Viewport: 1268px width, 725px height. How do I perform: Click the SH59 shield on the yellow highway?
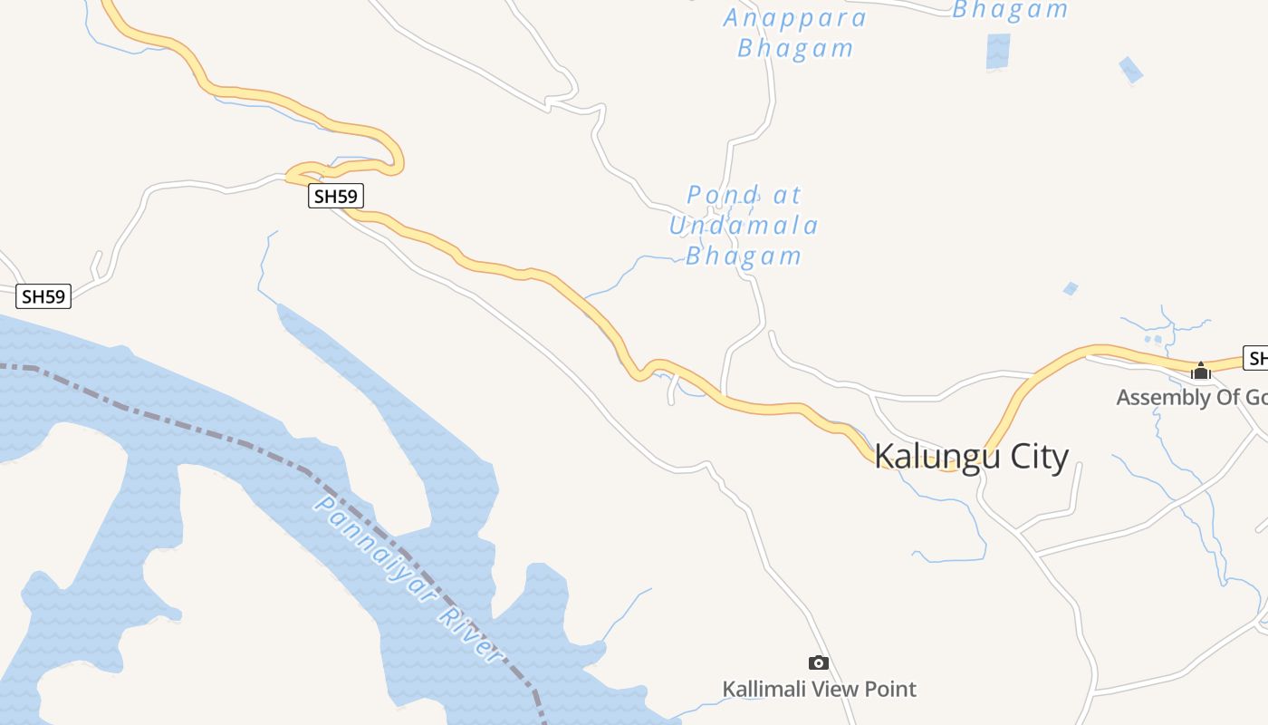[336, 196]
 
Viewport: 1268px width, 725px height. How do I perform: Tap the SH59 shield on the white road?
[43, 296]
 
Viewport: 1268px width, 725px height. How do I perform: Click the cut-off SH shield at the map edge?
[1255, 358]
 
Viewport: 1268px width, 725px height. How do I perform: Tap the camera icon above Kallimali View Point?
[819, 663]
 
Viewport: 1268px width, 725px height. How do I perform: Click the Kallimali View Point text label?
[819, 690]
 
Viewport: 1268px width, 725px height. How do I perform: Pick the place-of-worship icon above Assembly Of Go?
[1201, 371]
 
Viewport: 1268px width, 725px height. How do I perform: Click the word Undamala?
[744, 225]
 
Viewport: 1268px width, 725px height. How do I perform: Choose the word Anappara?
[795, 18]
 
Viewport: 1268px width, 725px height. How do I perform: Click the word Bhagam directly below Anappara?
[795, 48]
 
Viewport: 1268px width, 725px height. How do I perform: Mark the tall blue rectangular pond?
[998, 51]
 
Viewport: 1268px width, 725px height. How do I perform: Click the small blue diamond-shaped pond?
[1130, 70]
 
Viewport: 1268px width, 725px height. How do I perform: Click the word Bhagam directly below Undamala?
[744, 256]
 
